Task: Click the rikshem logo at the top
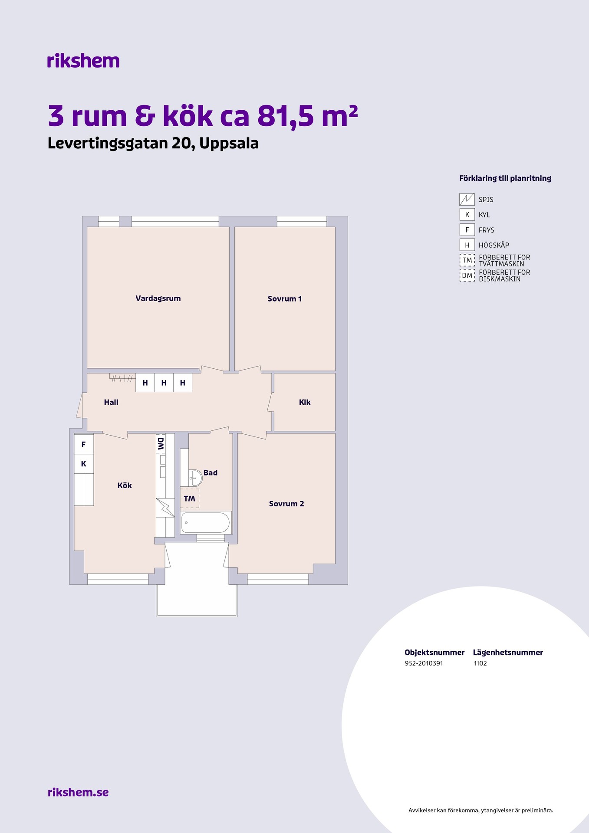[83, 61]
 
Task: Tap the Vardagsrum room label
[158, 298]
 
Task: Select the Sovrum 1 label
[284, 298]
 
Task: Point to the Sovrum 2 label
[286, 504]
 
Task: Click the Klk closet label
[305, 402]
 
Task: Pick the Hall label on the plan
[111, 402]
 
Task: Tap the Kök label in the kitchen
[125, 485]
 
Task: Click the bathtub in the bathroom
[205, 522]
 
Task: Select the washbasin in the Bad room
[195, 478]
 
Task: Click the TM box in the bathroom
[190, 498]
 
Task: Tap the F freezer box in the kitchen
[84, 444]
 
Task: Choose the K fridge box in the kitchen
[84, 464]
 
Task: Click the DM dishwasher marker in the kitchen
[161, 443]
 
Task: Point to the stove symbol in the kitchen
[165, 508]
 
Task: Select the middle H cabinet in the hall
[164, 383]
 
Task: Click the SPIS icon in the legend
[467, 200]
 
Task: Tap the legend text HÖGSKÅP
[494, 245]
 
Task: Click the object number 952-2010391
[424, 663]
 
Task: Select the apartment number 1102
[480, 663]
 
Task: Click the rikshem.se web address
[78, 792]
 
